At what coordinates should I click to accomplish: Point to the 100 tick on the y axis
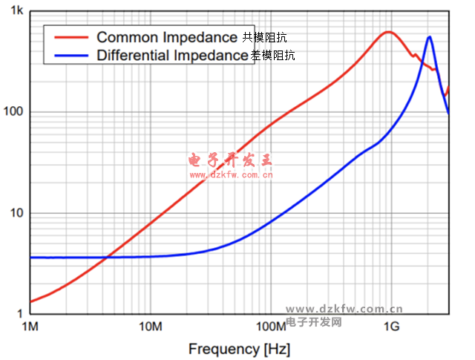point(15,112)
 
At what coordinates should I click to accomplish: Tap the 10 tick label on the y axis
point(17,213)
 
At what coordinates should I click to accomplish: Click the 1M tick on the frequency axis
point(30,327)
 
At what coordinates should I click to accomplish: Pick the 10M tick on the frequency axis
point(150,327)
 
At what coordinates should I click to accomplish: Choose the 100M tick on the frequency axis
point(270,327)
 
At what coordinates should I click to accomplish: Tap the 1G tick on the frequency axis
point(390,327)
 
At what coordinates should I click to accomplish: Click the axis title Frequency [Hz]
point(239,348)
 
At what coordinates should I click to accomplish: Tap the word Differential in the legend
point(133,54)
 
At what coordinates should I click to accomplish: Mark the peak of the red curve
point(387,32)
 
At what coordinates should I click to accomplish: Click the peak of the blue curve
point(429,37)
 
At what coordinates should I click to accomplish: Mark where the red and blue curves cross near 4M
point(108,257)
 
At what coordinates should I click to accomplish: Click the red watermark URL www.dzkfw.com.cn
point(231,175)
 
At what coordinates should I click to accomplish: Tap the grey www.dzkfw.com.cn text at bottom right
point(344,310)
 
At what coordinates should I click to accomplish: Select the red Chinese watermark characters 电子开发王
point(231,160)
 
